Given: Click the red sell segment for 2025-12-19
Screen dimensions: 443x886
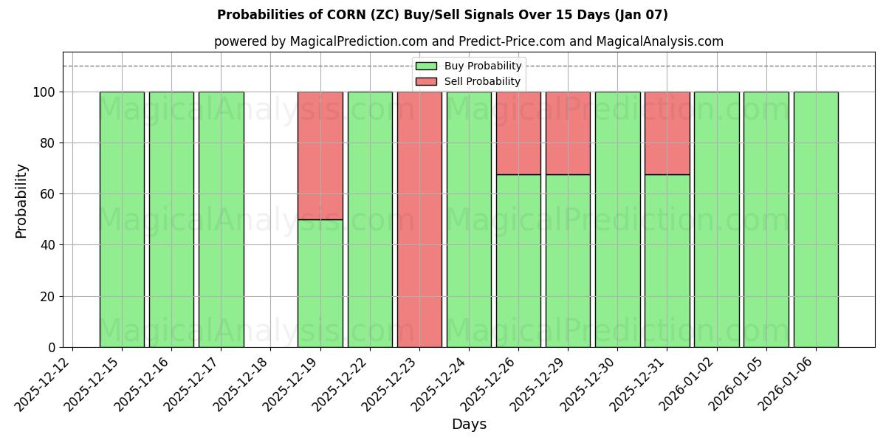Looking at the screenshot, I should coord(320,155).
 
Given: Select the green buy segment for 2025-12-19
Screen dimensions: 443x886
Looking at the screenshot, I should coord(320,284).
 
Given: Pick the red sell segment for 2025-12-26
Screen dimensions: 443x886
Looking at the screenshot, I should coord(518,133).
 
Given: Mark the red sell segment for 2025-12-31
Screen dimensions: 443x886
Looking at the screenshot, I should coord(667,133).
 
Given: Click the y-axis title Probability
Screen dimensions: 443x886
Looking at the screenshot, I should coord(21,200).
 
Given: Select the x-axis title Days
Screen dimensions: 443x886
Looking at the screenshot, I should coord(469,425).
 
